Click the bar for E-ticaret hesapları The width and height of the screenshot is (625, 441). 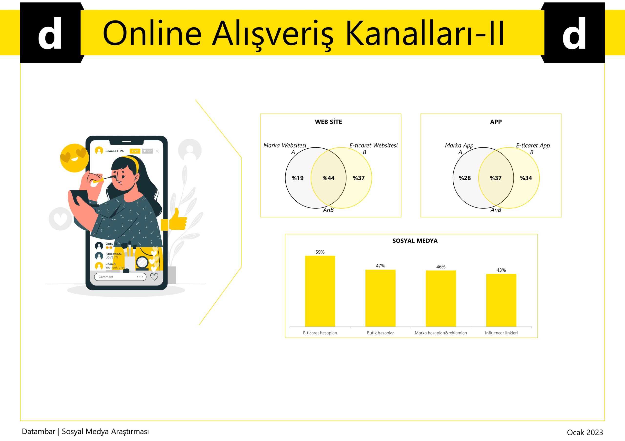(320, 291)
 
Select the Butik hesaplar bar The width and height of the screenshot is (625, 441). (380, 298)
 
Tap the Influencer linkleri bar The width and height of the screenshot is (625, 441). (501, 300)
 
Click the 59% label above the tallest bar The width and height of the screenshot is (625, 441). (320, 252)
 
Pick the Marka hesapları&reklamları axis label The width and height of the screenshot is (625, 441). (441, 333)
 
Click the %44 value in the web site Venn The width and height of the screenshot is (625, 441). (328, 178)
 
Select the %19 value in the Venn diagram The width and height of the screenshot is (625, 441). (298, 178)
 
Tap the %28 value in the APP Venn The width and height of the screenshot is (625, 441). (465, 178)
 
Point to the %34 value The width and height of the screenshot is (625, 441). (526, 178)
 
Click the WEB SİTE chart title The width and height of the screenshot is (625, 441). (328, 122)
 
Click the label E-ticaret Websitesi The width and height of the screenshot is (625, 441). (374, 145)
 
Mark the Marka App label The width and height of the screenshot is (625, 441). (459, 145)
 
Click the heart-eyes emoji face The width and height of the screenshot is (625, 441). (74, 158)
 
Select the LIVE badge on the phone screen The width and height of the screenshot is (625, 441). (135, 151)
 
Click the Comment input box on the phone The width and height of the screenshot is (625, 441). (120, 277)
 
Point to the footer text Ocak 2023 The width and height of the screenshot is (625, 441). (585, 432)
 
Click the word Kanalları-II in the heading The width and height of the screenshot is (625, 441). (425, 33)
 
